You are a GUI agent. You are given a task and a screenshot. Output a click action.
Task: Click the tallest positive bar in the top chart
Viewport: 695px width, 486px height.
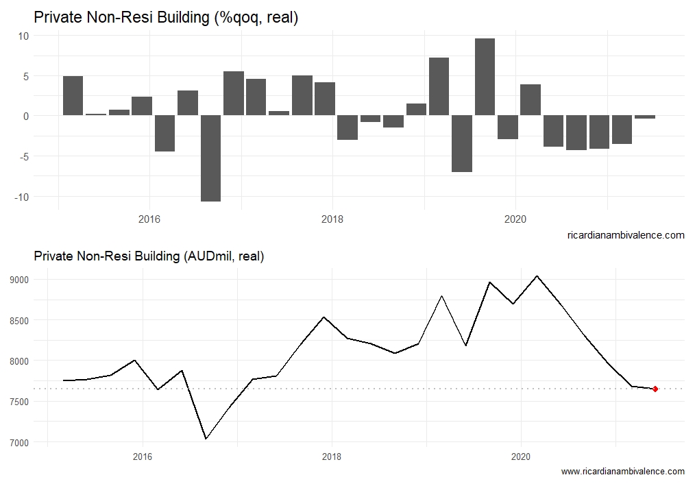485,77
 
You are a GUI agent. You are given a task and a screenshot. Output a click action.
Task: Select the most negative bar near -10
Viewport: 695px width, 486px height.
210,158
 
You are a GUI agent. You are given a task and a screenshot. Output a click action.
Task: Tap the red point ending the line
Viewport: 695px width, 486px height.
655,389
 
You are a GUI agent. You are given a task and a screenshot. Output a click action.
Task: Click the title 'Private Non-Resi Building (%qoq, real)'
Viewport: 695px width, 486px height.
166,18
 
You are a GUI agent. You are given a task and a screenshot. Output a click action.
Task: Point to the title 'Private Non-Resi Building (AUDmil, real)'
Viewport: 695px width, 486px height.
149,256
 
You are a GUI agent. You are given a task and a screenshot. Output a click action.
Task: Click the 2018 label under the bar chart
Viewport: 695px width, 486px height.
332,219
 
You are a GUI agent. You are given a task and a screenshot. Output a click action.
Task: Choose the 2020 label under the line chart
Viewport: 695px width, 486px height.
521,457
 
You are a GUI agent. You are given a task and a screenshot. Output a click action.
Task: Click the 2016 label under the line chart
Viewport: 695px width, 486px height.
142,457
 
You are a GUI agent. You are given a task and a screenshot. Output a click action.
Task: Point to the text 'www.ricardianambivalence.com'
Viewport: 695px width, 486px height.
622,472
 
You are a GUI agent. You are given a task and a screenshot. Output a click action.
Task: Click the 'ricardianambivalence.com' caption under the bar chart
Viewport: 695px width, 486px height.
626,235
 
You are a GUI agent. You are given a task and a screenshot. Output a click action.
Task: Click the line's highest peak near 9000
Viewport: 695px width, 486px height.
537,276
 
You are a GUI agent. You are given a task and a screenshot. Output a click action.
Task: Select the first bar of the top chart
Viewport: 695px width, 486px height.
73,96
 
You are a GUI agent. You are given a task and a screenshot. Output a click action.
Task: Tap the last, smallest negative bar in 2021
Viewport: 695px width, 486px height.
644,117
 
